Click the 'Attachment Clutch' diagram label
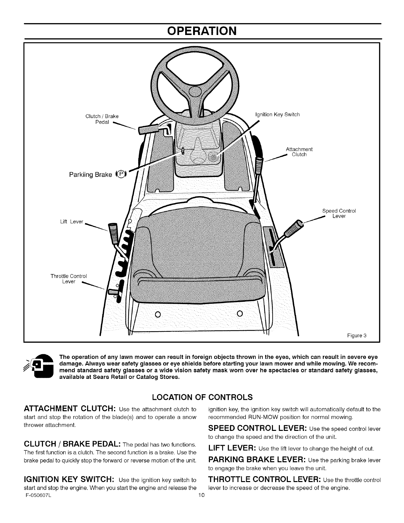click(299, 152)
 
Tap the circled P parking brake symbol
click(121, 174)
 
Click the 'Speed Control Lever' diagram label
click(339, 214)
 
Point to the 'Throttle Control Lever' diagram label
click(68, 279)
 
